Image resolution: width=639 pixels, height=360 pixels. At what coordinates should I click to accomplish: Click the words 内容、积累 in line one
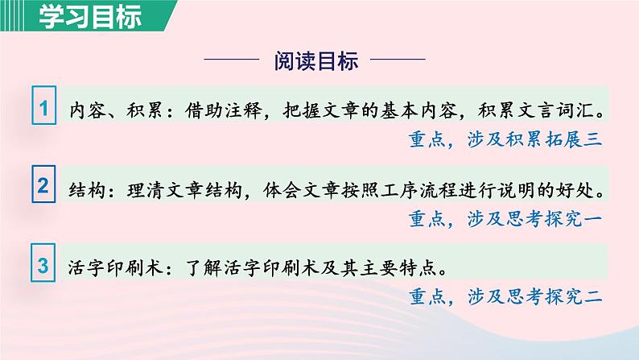coord(116,110)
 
